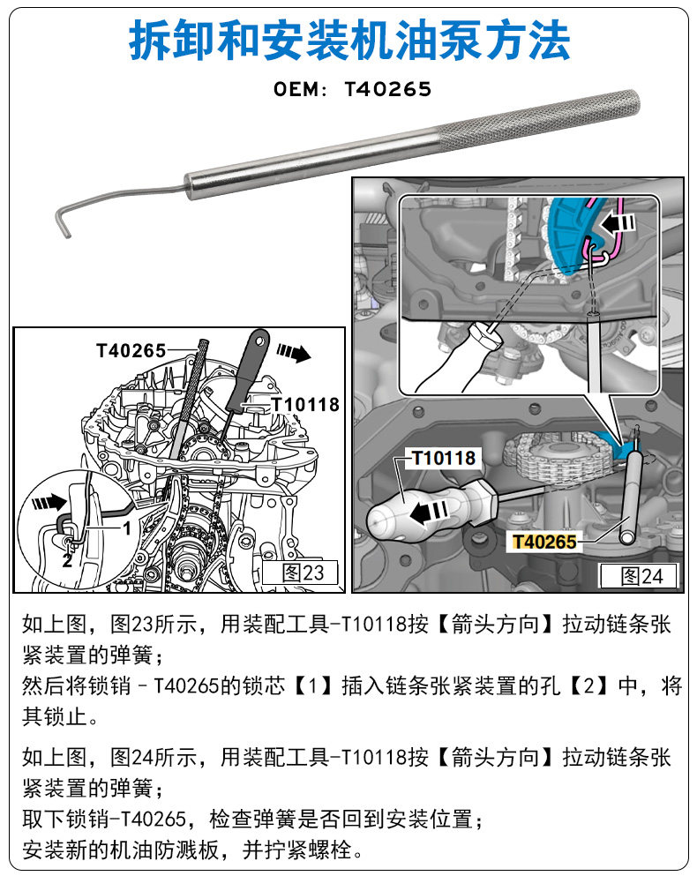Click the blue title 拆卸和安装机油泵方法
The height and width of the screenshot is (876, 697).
348,42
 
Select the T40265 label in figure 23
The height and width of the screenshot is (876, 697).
131,350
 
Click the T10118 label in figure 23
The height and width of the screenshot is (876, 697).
304,405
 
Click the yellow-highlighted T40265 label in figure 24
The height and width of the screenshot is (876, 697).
545,543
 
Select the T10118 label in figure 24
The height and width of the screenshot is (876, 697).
444,458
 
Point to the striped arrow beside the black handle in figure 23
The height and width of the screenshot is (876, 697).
293,353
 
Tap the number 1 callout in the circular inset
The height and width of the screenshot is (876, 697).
126,528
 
